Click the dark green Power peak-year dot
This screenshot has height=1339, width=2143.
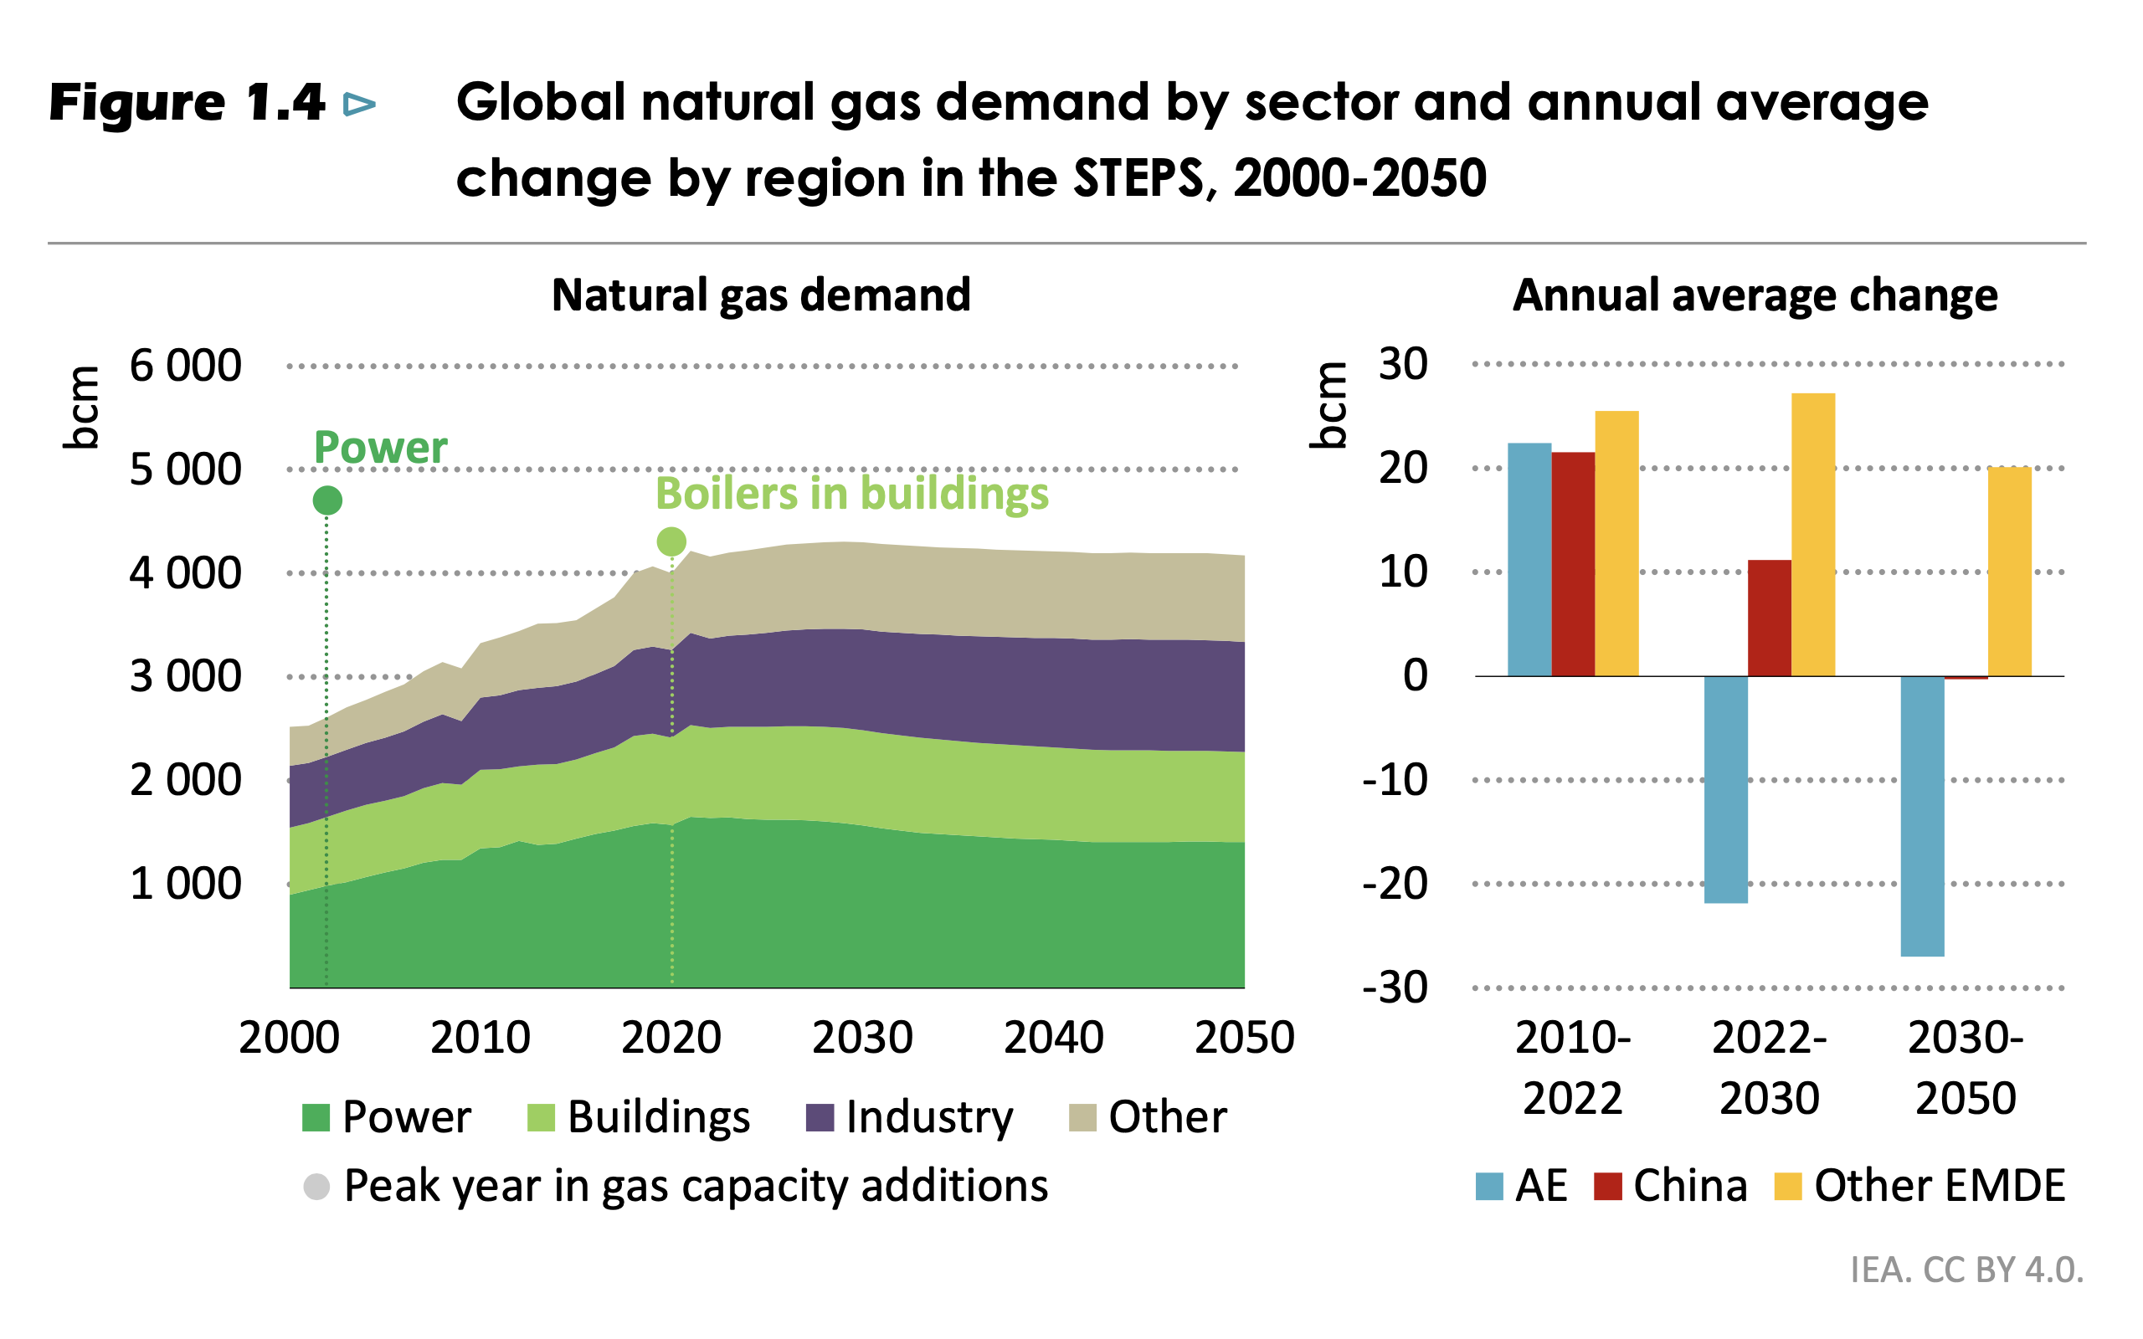tap(327, 500)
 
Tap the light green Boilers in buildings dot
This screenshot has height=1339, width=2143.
tap(671, 541)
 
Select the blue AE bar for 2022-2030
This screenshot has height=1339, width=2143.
tap(1725, 789)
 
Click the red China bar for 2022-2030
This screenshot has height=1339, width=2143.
tap(1770, 618)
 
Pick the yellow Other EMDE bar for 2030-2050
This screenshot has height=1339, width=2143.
tap(2009, 572)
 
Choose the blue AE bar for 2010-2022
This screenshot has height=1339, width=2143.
tap(1529, 560)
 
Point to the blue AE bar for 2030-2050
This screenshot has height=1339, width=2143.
tap(1923, 816)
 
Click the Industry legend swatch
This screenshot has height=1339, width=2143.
tap(820, 1117)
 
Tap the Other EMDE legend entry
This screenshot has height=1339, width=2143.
tap(1919, 1186)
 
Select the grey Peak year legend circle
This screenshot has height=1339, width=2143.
tap(316, 1186)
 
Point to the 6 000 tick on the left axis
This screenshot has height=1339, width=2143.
tap(185, 366)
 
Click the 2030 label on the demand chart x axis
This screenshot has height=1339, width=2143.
tap(861, 1037)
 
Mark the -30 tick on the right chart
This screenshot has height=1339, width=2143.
tap(1395, 988)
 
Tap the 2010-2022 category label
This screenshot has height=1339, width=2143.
tap(1573, 1067)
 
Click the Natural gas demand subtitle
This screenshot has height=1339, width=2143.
tap(761, 295)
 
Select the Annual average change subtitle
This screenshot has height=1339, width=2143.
tap(1755, 295)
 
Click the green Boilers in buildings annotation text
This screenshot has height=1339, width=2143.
tap(852, 493)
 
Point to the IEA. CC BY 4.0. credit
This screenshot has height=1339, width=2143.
tap(1966, 1269)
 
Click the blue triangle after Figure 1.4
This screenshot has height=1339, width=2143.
tap(359, 105)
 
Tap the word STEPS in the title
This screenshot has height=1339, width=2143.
tap(1138, 178)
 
